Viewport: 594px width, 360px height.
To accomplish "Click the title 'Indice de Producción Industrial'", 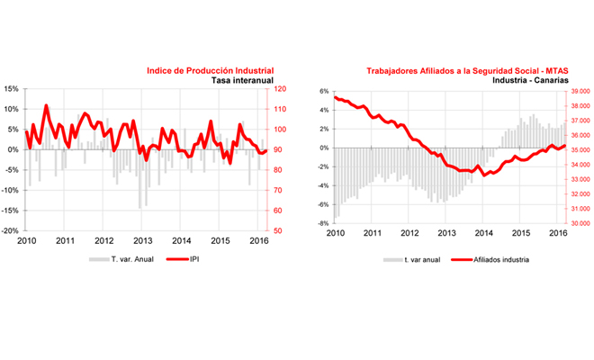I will pos(210,69).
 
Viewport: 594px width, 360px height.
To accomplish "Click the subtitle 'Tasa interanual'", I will pos(242,79).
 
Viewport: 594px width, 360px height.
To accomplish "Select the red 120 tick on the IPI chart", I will pos(281,89).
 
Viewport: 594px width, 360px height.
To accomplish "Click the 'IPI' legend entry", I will pos(194,258).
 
